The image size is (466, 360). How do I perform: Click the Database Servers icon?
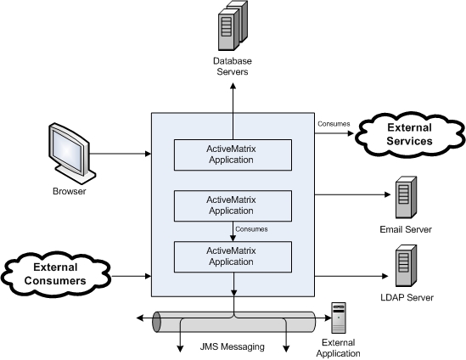pyautogui.click(x=233, y=25)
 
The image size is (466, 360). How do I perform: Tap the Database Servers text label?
pyautogui.click(x=233, y=66)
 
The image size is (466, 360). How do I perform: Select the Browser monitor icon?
pyautogui.click(x=72, y=153)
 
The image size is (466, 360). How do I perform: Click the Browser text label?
pyautogui.click(x=70, y=191)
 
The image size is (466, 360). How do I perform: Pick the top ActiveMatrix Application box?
pyautogui.click(x=233, y=155)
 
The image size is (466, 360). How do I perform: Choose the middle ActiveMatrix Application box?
pyautogui.click(x=233, y=205)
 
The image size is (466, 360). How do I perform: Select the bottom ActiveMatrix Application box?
pyautogui.click(x=233, y=257)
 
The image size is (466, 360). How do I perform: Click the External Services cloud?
pyautogui.click(x=409, y=134)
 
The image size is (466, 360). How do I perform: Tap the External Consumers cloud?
pyautogui.click(x=55, y=274)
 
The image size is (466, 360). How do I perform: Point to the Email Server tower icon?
pyautogui.click(x=406, y=197)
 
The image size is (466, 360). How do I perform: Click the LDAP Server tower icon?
pyautogui.click(x=406, y=266)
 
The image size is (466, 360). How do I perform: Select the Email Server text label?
pyautogui.click(x=406, y=229)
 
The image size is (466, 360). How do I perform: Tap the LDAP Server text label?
pyautogui.click(x=407, y=297)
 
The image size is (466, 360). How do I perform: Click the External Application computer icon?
pyautogui.click(x=339, y=318)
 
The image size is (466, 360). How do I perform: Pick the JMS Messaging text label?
pyautogui.click(x=232, y=346)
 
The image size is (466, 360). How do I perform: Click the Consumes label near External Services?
pyautogui.click(x=334, y=124)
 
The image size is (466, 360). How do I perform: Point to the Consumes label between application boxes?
pyautogui.click(x=251, y=229)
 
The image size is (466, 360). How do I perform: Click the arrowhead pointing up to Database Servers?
pyautogui.click(x=233, y=86)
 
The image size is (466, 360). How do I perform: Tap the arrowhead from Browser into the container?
pyautogui.click(x=148, y=154)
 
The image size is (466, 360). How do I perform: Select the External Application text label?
pyautogui.click(x=338, y=348)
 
